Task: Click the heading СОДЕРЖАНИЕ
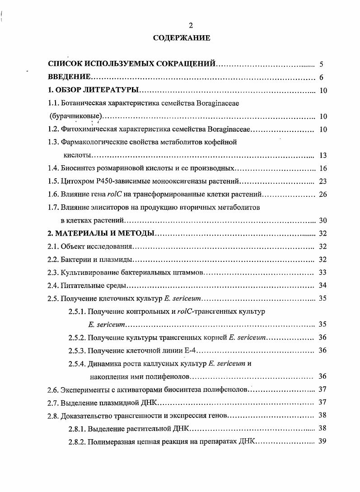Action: click(x=181, y=38)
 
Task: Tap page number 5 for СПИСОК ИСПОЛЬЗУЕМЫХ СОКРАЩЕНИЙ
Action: click(x=321, y=64)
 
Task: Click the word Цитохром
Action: click(x=78, y=182)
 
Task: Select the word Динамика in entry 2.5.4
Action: click(x=104, y=363)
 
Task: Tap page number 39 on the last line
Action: click(x=322, y=441)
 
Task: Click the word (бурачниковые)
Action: click(x=74, y=116)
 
